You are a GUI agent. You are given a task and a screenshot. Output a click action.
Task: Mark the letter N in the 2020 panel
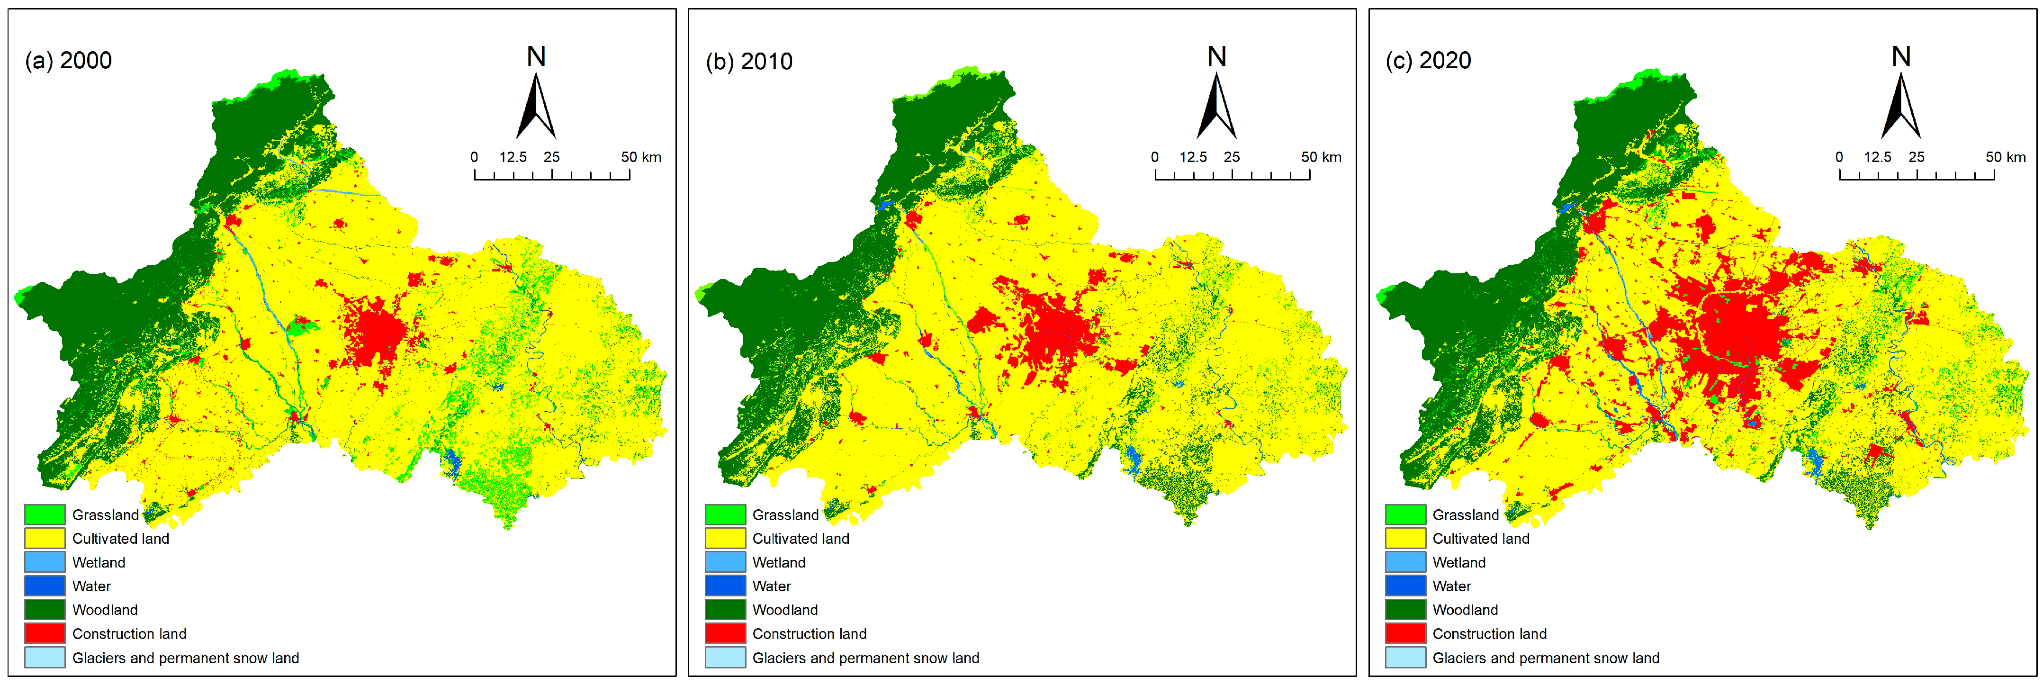pos(1901,56)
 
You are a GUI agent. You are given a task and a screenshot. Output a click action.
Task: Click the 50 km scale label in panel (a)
pos(641,157)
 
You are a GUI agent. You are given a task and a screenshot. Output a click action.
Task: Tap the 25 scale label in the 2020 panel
pos(1916,157)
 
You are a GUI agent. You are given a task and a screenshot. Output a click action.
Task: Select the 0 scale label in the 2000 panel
pos(474,157)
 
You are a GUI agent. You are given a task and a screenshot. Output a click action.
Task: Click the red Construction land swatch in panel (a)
pos(45,633)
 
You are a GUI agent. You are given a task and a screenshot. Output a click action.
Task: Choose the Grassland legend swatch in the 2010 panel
pos(725,514)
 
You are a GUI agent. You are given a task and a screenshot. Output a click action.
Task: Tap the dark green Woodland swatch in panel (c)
pos(1405,610)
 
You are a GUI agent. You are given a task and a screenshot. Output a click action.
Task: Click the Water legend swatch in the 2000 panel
pos(45,586)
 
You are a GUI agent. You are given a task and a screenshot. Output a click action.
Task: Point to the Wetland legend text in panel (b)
pos(779,562)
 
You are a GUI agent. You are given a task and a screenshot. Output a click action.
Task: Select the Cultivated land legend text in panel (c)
pos(1481,538)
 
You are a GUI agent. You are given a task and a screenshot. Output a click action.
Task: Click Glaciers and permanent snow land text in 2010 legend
pos(865,658)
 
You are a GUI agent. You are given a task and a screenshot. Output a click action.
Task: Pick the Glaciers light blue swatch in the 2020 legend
pos(1405,658)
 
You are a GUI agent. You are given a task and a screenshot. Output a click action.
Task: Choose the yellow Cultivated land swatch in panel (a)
pos(45,538)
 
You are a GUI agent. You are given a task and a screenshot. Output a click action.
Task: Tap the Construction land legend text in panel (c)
pos(1489,633)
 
